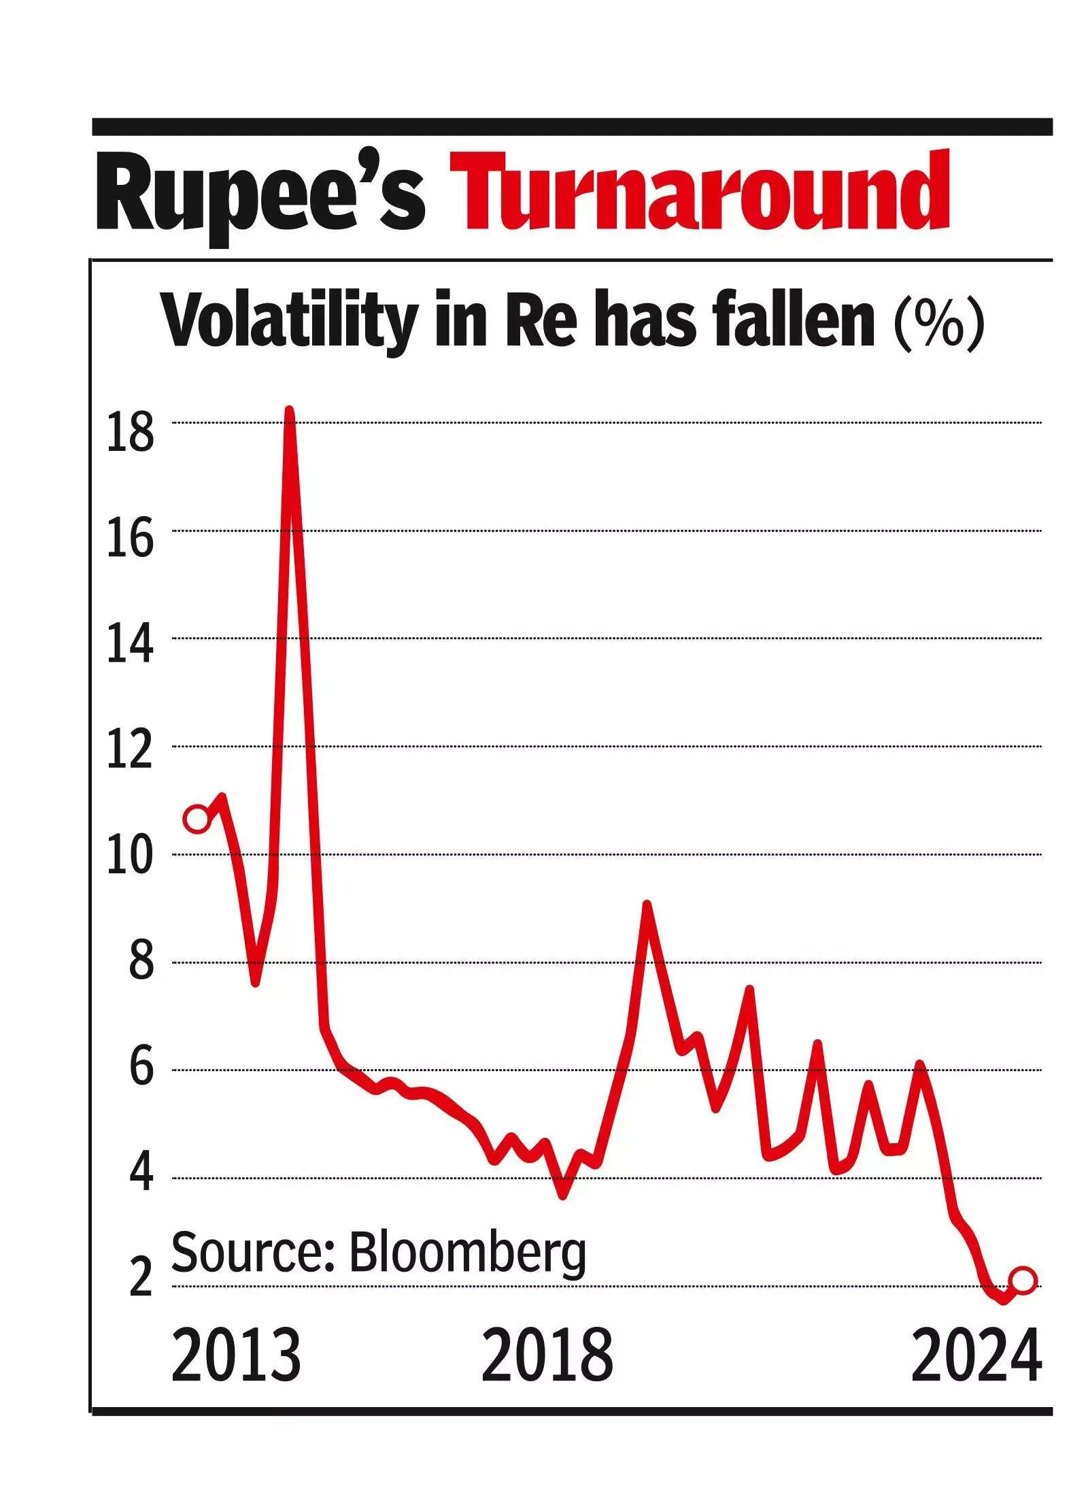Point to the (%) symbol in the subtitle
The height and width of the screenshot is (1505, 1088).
939,322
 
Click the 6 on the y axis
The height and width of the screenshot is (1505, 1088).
141,1079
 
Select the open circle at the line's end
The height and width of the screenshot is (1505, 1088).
1023,1280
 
